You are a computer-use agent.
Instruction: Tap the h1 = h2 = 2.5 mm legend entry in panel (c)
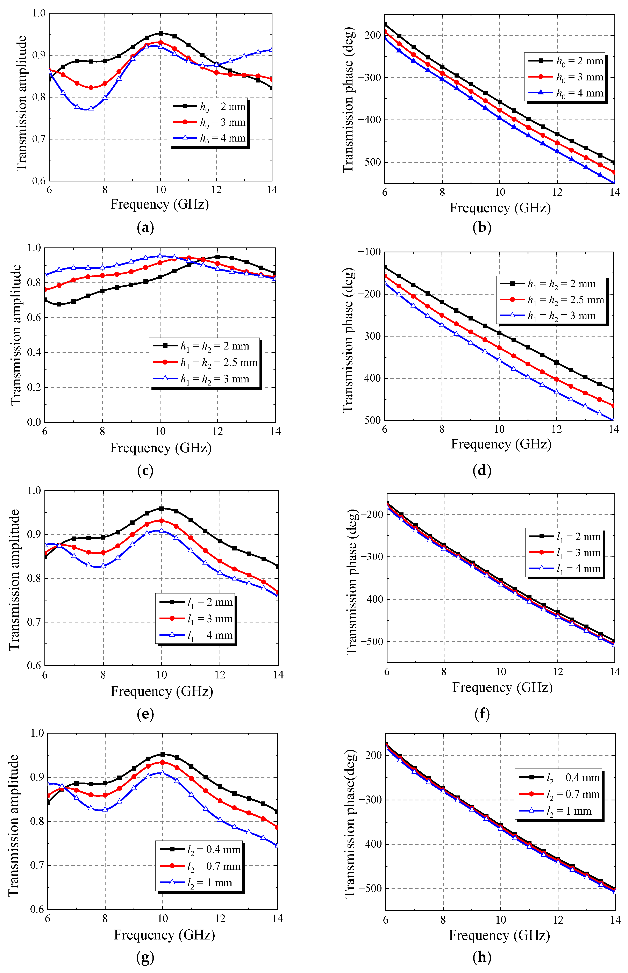click(x=205, y=362)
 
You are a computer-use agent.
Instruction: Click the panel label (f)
click(x=482, y=714)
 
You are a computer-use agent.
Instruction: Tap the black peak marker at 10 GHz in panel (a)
click(x=161, y=33)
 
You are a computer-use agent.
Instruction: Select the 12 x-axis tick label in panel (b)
click(x=557, y=192)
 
